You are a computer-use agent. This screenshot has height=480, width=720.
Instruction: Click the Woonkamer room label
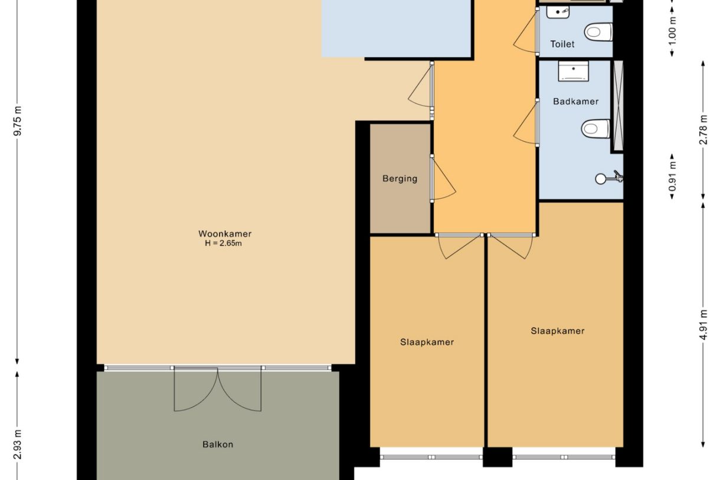coord(224,234)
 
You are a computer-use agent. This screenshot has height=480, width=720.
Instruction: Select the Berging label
coord(400,179)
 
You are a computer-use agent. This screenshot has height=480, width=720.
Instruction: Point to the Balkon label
coord(217,444)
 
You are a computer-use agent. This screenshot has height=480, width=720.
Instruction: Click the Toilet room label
coord(562,44)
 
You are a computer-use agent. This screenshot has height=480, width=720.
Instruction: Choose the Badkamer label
coord(575,102)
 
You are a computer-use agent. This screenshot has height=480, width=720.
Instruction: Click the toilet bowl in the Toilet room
coord(598,31)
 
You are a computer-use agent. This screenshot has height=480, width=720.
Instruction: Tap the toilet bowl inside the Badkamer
coord(595,128)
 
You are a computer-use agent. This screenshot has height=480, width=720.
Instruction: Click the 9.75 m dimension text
coord(18,121)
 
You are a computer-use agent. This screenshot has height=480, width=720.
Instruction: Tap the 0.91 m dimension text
coord(672,177)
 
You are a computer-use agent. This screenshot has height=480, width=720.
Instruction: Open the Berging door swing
coord(443,179)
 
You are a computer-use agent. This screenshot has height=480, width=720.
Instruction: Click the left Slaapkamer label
coord(427,342)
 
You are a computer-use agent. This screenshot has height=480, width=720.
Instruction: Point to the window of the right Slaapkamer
coord(564,457)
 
